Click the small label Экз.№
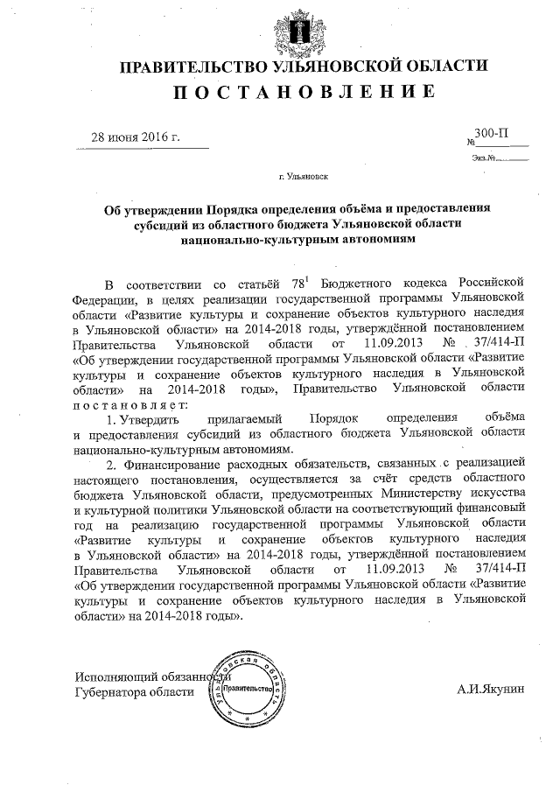pyautogui.click(x=483, y=158)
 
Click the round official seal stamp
pyautogui.click(x=248, y=690)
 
